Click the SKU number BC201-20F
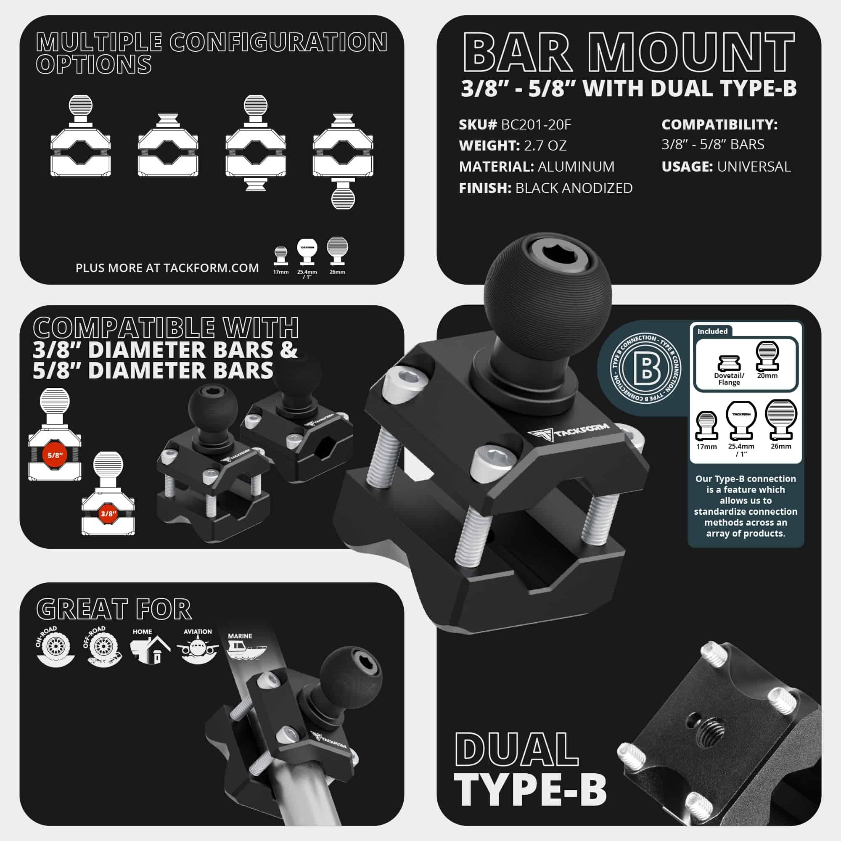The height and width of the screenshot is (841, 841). coord(536,125)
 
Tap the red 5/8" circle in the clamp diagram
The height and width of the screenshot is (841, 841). coord(55,455)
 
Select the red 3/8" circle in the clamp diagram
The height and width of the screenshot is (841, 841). coord(108,514)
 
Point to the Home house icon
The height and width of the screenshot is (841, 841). coord(149,650)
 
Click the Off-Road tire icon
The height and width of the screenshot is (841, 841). coord(103,647)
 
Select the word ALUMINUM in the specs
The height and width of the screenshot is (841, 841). coord(576,166)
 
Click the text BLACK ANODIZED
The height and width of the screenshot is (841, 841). coord(574,188)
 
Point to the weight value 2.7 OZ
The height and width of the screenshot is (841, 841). coord(545,145)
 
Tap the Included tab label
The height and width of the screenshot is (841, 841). coord(712,331)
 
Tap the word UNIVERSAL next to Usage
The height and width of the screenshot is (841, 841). coord(754,166)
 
